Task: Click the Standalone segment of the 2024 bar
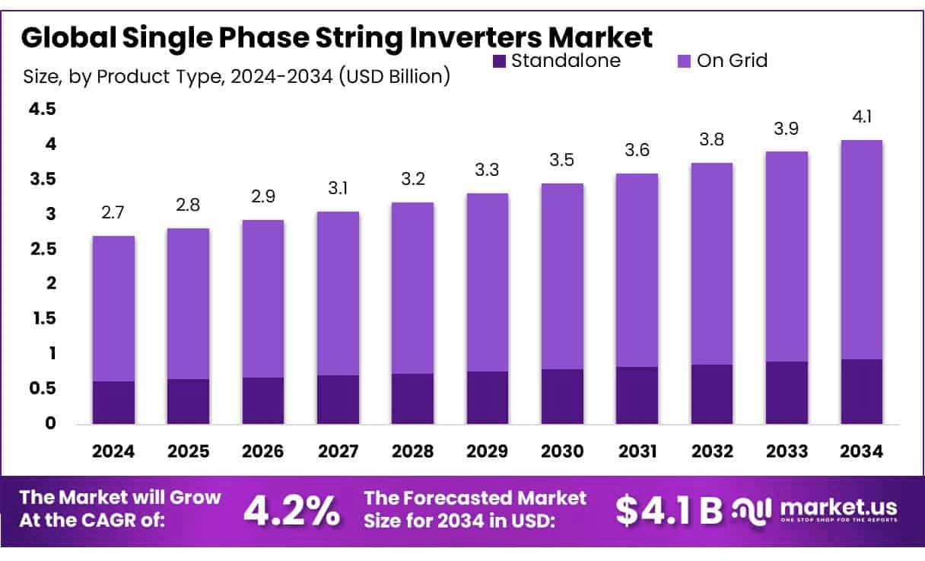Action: (113, 402)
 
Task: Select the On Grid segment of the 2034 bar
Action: (862, 250)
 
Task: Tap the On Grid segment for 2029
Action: (488, 282)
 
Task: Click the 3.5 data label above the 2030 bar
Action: (562, 161)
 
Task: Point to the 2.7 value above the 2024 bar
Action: (113, 213)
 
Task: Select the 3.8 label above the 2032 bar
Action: (712, 140)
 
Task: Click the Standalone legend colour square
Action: (499, 61)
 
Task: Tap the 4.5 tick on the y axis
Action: (42, 110)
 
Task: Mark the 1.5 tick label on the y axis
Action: (42, 319)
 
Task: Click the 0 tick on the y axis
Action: (51, 424)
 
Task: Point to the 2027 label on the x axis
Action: (338, 451)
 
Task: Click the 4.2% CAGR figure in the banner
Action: (291, 511)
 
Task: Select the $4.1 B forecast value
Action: (669, 511)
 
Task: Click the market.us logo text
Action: (838, 507)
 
